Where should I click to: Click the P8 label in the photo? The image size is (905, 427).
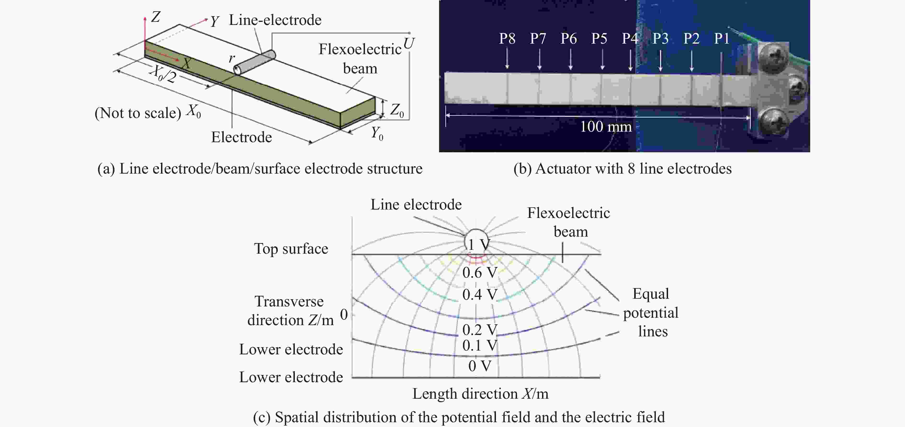coord(507,38)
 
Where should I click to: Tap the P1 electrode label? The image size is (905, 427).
coord(722,38)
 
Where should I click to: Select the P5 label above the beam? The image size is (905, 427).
coord(599,38)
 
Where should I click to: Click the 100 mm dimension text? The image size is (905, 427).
coord(606,127)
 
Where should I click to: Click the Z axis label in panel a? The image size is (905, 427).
coord(156,17)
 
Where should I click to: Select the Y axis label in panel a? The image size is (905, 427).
coord(215,22)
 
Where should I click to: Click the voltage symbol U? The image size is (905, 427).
coord(409,44)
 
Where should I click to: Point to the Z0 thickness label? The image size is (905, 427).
coord(397,111)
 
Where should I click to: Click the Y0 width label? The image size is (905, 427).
coord(377,134)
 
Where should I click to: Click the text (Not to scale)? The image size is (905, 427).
coord(138,113)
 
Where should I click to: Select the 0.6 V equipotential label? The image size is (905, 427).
coord(480,273)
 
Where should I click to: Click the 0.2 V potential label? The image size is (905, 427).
coord(480,330)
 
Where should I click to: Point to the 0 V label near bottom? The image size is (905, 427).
coord(480,366)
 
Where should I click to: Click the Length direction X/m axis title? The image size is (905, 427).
coord(480,394)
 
